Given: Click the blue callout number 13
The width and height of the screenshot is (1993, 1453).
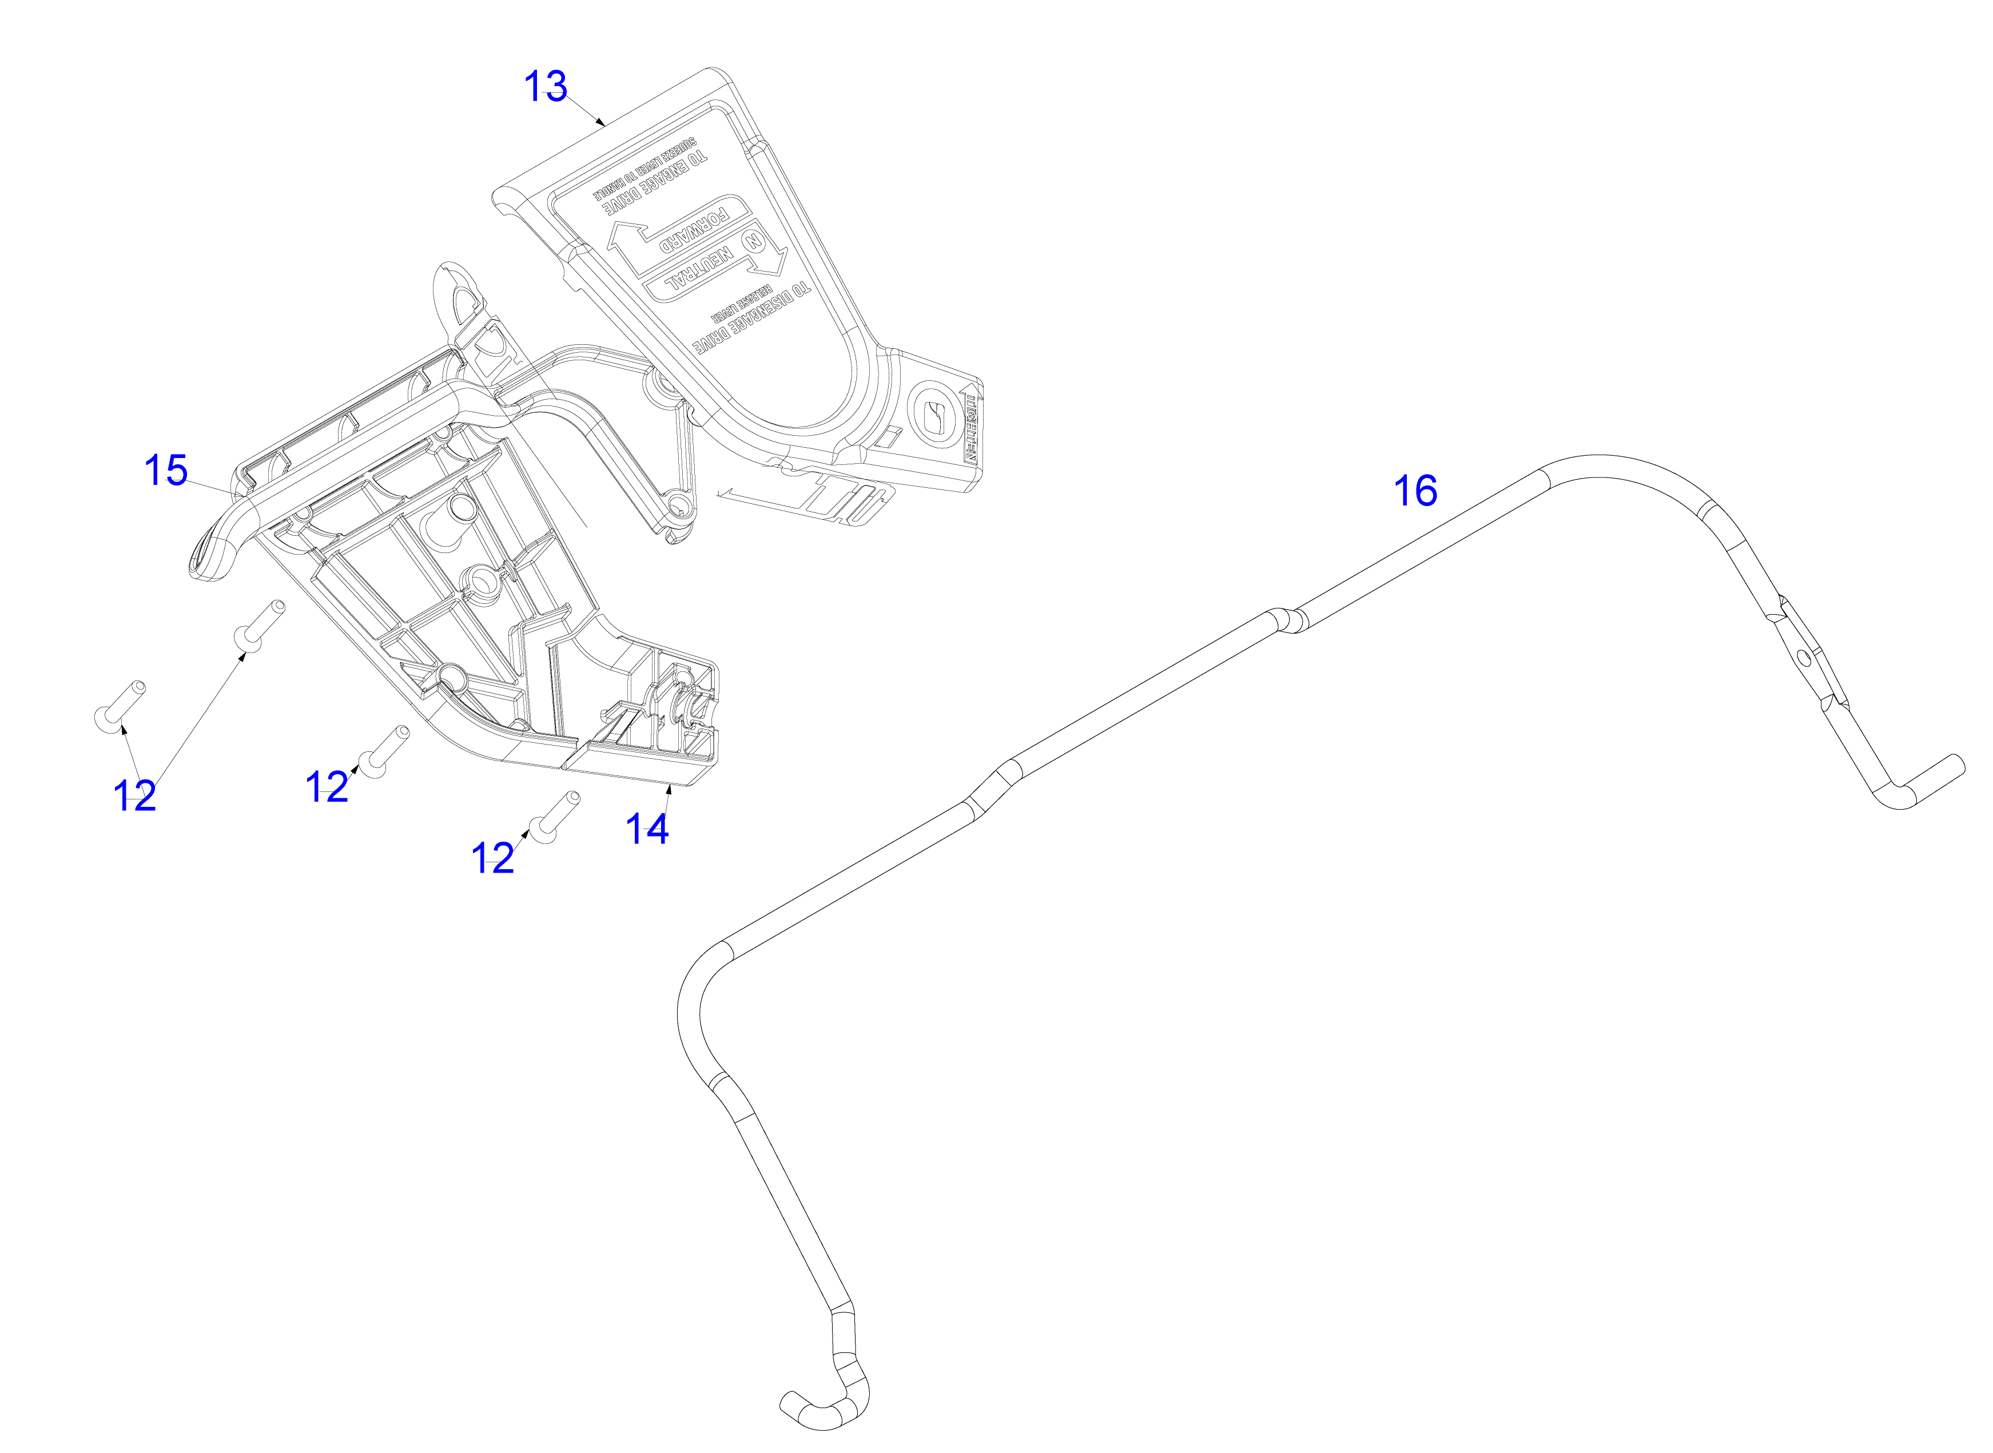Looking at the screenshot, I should pyautogui.click(x=546, y=87).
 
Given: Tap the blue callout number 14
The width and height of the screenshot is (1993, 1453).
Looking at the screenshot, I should pyautogui.click(x=646, y=829).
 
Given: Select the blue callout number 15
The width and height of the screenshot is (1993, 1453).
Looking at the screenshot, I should pyautogui.click(x=165, y=471).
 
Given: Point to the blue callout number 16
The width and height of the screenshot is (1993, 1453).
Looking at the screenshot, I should pyautogui.click(x=1415, y=491).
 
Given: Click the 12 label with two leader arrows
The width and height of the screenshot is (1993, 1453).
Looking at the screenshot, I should pyautogui.click(x=134, y=796).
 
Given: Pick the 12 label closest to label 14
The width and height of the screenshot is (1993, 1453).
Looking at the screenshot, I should pyautogui.click(x=492, y=858).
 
